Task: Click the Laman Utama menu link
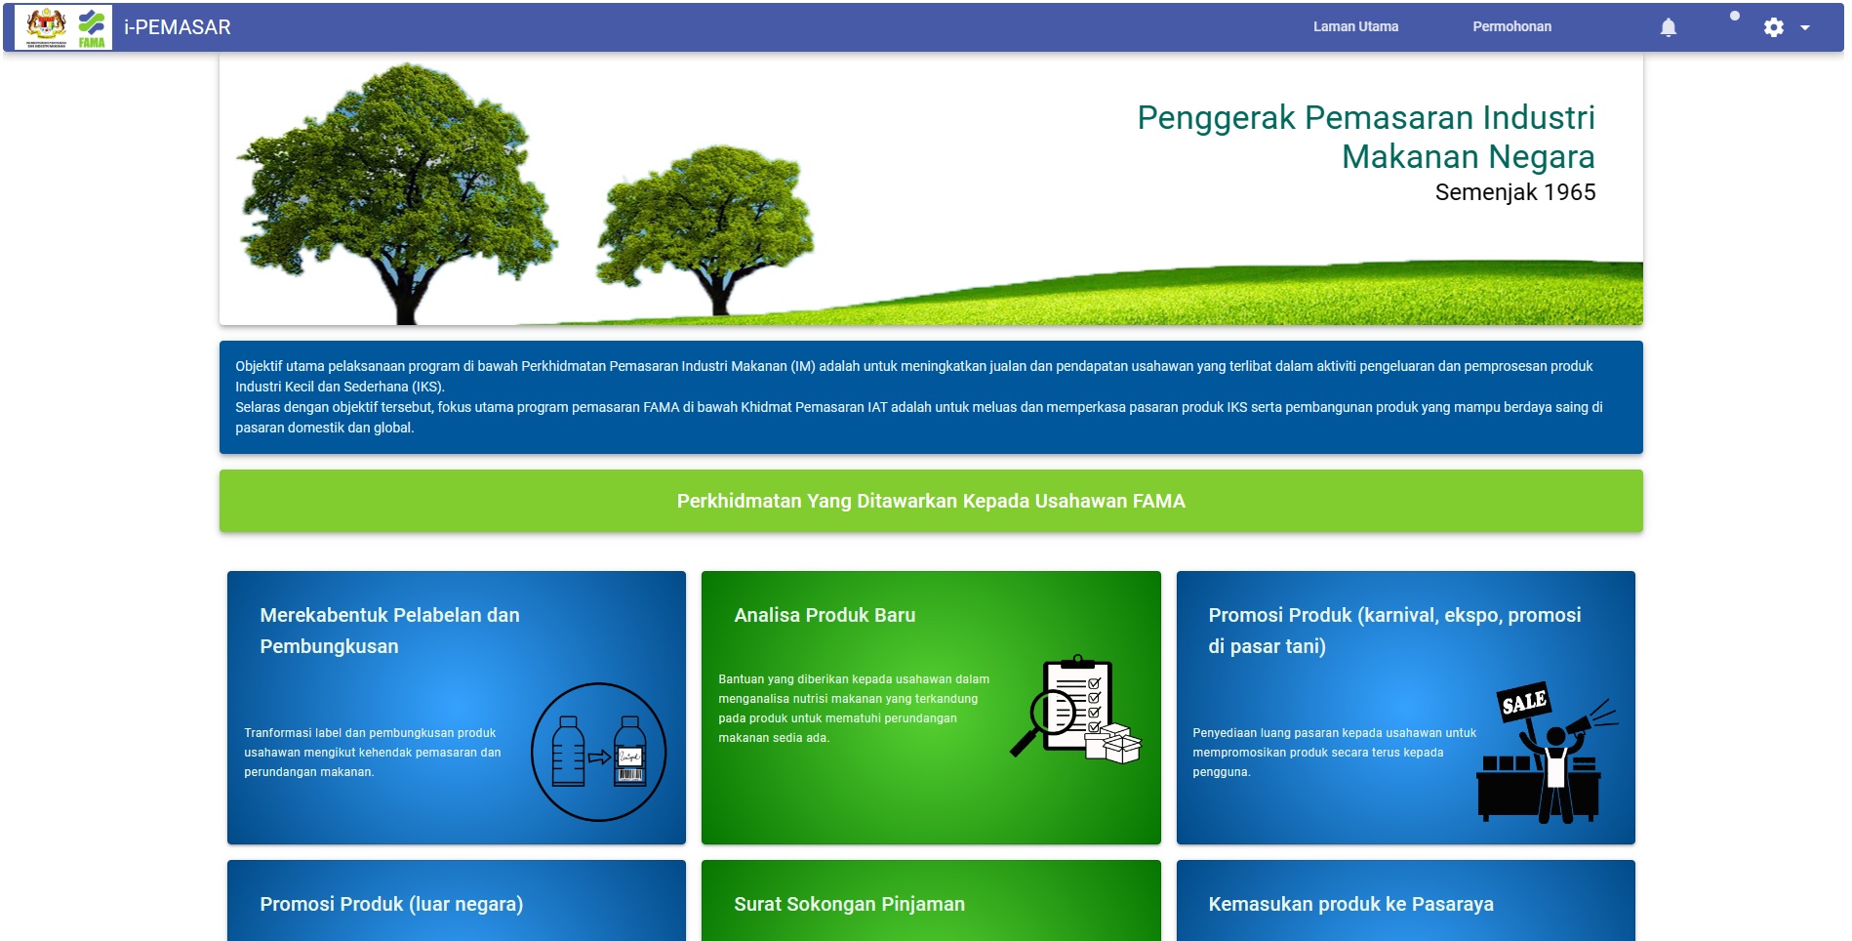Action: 1355,26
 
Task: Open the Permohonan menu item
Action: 1511,26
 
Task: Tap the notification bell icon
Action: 1669,27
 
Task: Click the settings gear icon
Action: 1774,27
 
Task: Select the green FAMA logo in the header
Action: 92,27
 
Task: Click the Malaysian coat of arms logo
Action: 46,25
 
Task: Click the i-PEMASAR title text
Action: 178,27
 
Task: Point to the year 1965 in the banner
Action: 1570,192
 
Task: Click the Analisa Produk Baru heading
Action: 825,615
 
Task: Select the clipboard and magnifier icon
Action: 1075,709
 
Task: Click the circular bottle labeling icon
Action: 598,752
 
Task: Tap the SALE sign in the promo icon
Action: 1523,701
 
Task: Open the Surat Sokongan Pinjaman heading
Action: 849,904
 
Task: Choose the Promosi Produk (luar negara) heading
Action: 391,904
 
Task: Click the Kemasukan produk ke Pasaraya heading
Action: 1350,904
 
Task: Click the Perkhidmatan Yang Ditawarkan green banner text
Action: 931,501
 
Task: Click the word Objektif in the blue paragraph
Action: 259,366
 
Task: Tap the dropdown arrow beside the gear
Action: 1805,28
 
